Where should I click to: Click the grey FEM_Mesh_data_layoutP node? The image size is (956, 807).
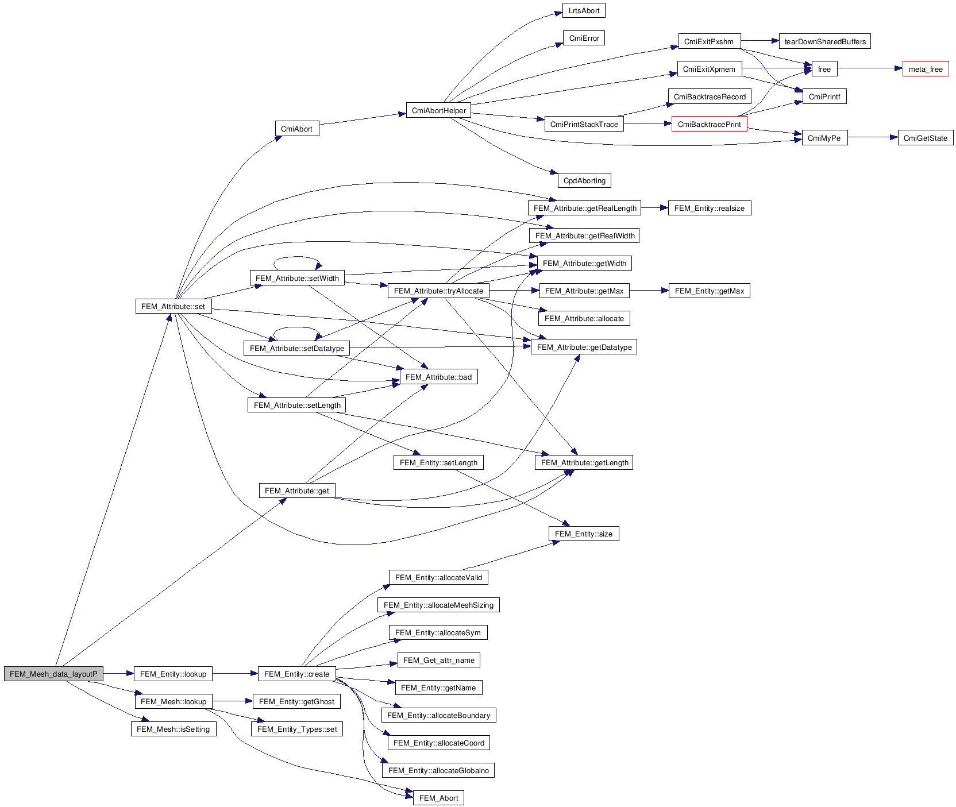[x=53, y=674]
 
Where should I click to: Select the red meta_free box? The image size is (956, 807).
[x=925, y=69]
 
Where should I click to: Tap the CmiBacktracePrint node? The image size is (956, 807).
[x=709, y=124]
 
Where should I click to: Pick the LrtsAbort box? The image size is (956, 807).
[x=584, y=10]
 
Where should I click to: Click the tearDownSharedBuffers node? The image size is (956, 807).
[x=824, y=41]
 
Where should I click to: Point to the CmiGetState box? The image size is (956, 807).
[x=925, y=138]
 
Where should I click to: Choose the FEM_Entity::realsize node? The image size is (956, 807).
[x=709, y=208]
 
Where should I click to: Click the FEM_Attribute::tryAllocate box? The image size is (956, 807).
[x=438, y=291]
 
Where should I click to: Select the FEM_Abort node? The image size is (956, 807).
[x=438, y=798]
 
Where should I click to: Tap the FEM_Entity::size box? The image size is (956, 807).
[x=583, y=534]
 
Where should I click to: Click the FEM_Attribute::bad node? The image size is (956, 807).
[x=438, y=377]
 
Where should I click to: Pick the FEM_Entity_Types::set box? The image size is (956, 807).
[x=297, y=729]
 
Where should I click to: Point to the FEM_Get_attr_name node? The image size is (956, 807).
[x=438, y=660]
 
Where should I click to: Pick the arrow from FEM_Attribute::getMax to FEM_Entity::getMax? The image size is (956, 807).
[x=649, y=291]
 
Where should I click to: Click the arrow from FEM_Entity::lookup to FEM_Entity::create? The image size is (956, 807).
[x=235, y=674]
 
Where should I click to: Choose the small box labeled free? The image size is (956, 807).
[x=824, y=69]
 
